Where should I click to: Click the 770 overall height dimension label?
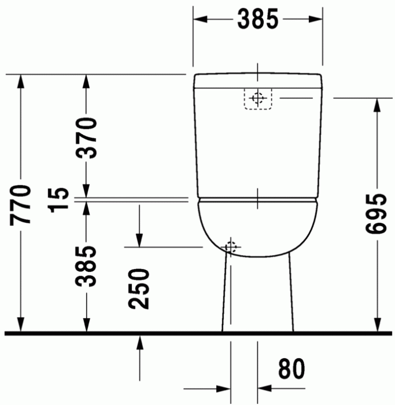click(21, 204)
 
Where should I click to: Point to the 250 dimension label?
click(139, 289)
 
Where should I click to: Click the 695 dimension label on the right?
click(376, 213)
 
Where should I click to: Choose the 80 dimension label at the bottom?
click(291, 370)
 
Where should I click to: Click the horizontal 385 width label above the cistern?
click(257, 20)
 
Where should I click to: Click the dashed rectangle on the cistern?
click(259, 99)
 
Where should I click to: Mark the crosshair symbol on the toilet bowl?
click(231, 247)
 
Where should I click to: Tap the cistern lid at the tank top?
click(257, 80)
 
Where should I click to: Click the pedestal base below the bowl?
click(257, 295)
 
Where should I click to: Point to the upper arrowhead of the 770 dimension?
click(21, 82)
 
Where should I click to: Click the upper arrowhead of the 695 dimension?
click(377, 105)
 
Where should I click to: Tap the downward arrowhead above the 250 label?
click(139, 239)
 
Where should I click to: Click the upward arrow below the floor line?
click(139, 343)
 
